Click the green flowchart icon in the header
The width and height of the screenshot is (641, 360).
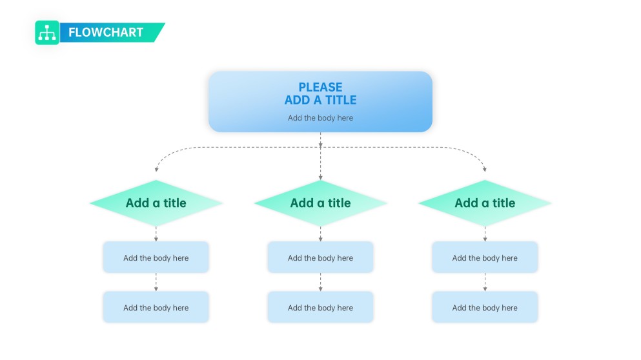[x=47, y=32]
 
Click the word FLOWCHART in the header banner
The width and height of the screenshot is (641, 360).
[x=106, y=32]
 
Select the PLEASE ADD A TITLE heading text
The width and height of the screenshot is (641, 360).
[x=320, y=94]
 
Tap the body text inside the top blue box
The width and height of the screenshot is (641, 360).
[x=320, y=118]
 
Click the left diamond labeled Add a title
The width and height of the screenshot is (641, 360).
[x=156, y=203]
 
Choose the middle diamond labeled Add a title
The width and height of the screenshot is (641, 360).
[x=320, y=203]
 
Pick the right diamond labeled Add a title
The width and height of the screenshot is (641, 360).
[x=485, y=203]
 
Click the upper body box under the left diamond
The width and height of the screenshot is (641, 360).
[x=156, y=257]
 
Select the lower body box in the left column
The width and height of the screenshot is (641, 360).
[x=156, y=308]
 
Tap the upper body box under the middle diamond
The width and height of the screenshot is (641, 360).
[x=320, y=257]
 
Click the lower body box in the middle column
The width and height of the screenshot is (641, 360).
[x=320, y=308]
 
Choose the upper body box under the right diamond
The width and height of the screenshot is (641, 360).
[x=485, y=257]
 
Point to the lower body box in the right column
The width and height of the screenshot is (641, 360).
[x=485, y=308]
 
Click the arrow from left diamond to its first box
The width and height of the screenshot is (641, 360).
[x=156, y=234]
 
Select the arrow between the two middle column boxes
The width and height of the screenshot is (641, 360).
[x=320, y=282]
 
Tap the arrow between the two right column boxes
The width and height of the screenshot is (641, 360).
[x=485, y=282]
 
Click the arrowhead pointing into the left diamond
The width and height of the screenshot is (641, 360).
[x=156, y=170]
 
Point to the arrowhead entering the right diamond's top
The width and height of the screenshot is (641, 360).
[x=485, y=170]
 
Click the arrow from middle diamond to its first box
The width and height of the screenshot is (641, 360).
[x=320, y=234]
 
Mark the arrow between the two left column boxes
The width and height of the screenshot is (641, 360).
[x=156, y=282]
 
